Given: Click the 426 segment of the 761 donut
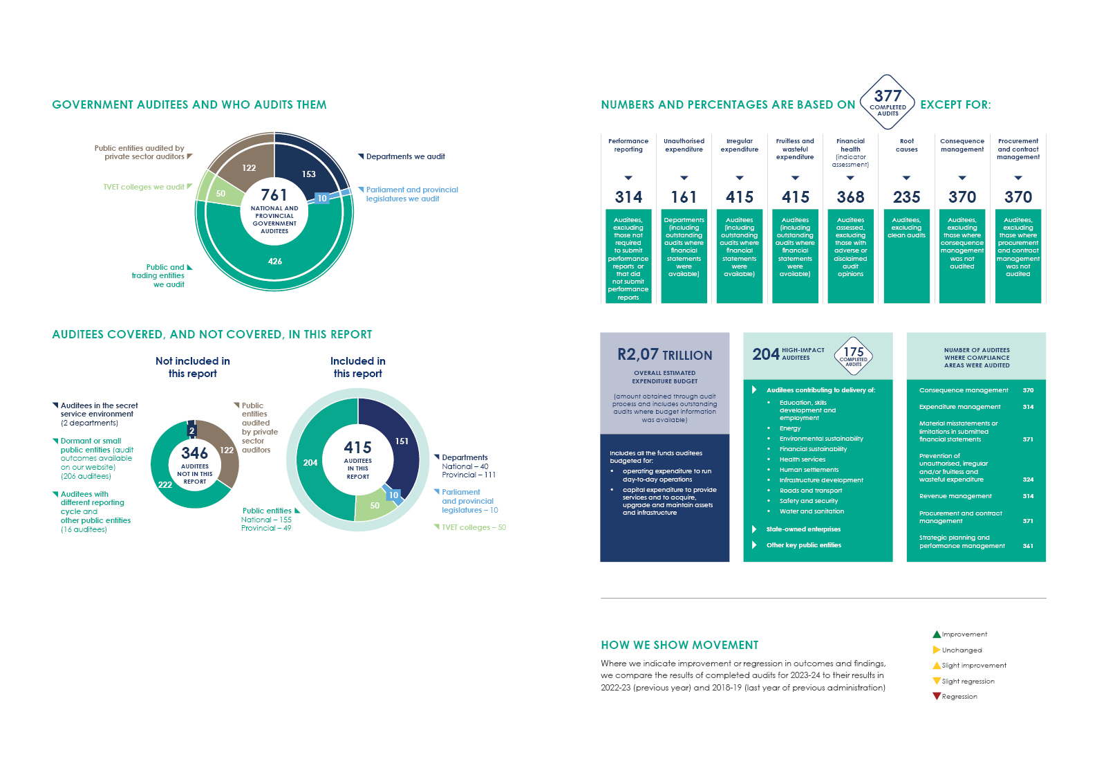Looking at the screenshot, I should [275, 261].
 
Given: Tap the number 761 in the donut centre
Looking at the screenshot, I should [274, 195].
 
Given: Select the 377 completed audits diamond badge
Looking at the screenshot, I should [888, 102].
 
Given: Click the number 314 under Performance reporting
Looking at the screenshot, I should [628, 197].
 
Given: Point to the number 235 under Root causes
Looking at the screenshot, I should [906, 197].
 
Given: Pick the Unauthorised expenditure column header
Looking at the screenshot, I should [684, 145].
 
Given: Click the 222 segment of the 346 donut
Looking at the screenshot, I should [165, 484].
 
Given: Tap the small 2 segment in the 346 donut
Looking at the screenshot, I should [191, 430].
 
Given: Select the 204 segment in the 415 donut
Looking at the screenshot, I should [310, 462].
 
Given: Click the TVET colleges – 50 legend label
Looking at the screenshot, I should [474, 527].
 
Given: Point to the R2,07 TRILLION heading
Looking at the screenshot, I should [664, 355].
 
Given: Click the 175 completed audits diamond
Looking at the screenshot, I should [853, 355].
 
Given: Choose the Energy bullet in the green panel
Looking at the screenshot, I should [790, 428].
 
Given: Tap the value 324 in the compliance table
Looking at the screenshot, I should [1028, 479].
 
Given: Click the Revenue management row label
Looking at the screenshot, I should [955, 496].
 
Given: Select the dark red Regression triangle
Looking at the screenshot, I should [937, 696].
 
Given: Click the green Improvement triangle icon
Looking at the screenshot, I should [937, 634].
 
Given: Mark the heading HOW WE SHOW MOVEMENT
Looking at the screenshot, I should [679, 645].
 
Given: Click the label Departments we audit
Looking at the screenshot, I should [405, 156].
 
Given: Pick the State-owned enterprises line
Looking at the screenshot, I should [803, 529].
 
